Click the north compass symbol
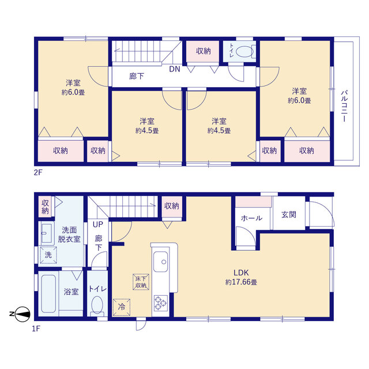pos(21,314)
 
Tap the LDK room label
pos(241,273)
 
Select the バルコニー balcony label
pos(344,106)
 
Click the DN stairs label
pos(175,69)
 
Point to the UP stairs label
pos(98,224)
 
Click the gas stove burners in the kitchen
pos(161,303)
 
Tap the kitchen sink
pos(161,261)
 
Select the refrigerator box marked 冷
pos(122,307)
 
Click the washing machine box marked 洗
pos(48,255)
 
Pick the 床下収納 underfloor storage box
pos(141,282)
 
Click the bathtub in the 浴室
pos(48,293)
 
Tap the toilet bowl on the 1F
pos(97,305)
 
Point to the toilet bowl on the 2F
pos(244,51)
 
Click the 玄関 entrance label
pos(289,214)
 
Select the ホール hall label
pos(251,218)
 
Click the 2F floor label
pos(38,172)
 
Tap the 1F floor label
pos(36,328)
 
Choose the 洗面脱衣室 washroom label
pos(69,235)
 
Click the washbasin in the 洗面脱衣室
pos(46,233)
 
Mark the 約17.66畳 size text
pos(241,282)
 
